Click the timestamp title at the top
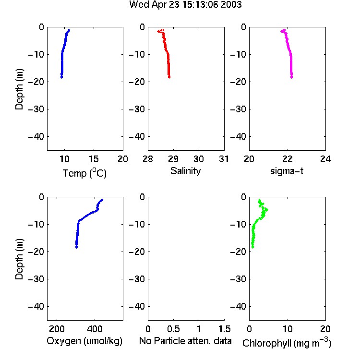coord(185,5)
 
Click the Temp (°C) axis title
coord(84,173)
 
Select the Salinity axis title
coord(185,171)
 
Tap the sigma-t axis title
coord(287,171)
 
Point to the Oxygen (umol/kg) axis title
coord(84,341)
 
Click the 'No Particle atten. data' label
coord(185,341)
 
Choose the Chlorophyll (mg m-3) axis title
coord(287,343)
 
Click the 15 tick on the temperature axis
coord(94,159)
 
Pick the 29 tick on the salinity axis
coord(173,159)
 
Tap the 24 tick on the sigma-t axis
coord(325,159)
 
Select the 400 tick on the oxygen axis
coord(95,329)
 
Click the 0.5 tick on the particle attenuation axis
coord(173,329)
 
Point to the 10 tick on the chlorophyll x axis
coord(287,329)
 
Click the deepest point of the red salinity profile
coord(169,77)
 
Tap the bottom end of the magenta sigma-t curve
coord(291,77)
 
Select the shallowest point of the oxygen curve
coord(102,200)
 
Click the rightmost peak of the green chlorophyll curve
coord(266,210)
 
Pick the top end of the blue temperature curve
coord(69,30)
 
